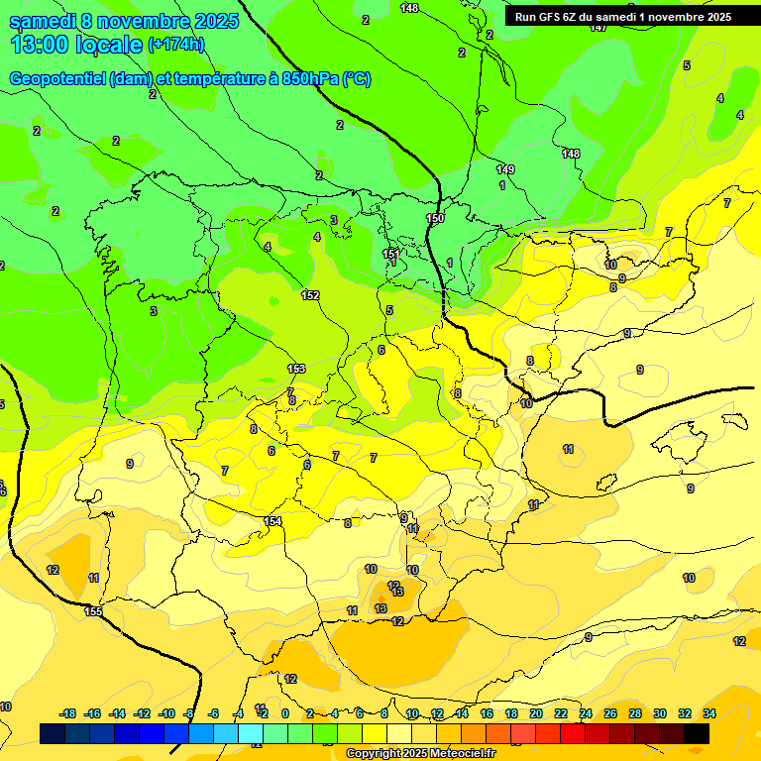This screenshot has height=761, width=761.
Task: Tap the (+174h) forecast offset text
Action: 175,44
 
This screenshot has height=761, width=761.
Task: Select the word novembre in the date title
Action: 144,21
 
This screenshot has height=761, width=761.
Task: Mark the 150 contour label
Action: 435,218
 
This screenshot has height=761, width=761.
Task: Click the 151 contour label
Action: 391,254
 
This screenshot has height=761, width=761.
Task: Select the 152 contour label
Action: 310,295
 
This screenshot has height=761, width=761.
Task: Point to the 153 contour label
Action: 296,369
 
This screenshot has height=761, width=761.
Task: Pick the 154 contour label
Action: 272,521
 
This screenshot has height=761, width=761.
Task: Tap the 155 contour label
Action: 93,611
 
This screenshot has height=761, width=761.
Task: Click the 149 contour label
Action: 505,169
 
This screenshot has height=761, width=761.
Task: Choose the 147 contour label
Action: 598,28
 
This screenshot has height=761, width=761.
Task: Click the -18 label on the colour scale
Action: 68,713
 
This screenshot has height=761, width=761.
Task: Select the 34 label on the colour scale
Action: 708,713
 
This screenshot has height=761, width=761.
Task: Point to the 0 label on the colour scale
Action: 285,713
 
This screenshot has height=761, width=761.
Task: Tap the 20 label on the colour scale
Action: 535,713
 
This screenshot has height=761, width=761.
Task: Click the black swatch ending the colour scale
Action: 697,733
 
